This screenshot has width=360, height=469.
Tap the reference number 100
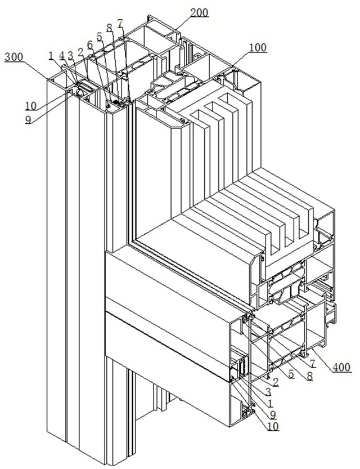tap(258, 48)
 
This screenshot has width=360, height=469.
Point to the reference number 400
tap(340, 368)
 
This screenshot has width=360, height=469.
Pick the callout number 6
tap(89, 44)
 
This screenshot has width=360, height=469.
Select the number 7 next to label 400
tap(312, 363)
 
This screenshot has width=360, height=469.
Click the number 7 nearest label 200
tap(120, 24)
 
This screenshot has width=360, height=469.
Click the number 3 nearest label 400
tap(269, 391)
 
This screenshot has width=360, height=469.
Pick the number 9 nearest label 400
tap(273, 414)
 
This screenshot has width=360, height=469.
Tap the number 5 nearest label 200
tap(99, 36)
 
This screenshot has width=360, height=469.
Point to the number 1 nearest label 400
tap(271, 403)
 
